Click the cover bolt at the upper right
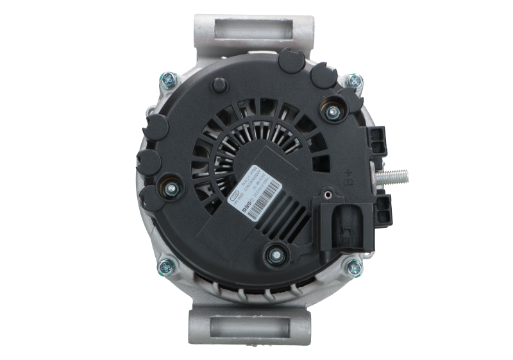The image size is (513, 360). tap(332, 113)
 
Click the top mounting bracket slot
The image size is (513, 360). tap(253, 28)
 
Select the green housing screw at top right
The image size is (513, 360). tap(353, 81)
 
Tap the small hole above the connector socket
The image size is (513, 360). tap(328, 191)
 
